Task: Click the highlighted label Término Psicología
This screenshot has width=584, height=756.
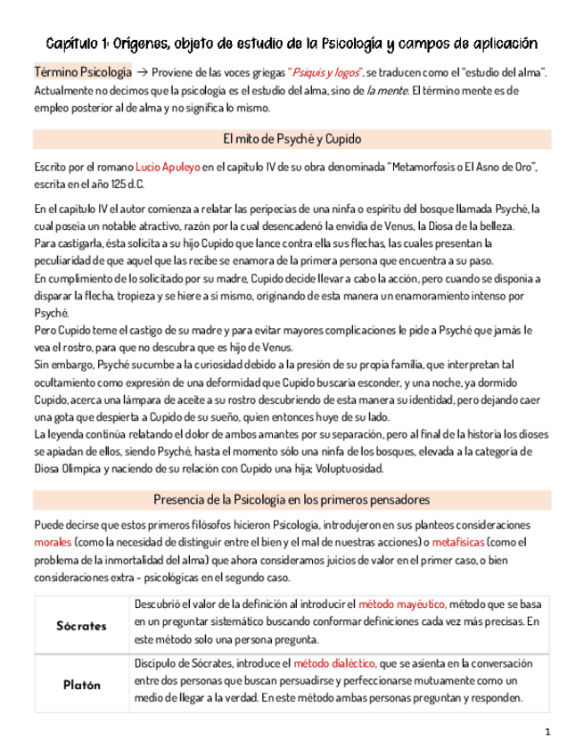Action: tap(78, 70)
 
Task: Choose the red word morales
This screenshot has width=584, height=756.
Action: tap(53, 542)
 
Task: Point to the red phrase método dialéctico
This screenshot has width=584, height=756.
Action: tap(334, 663)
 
